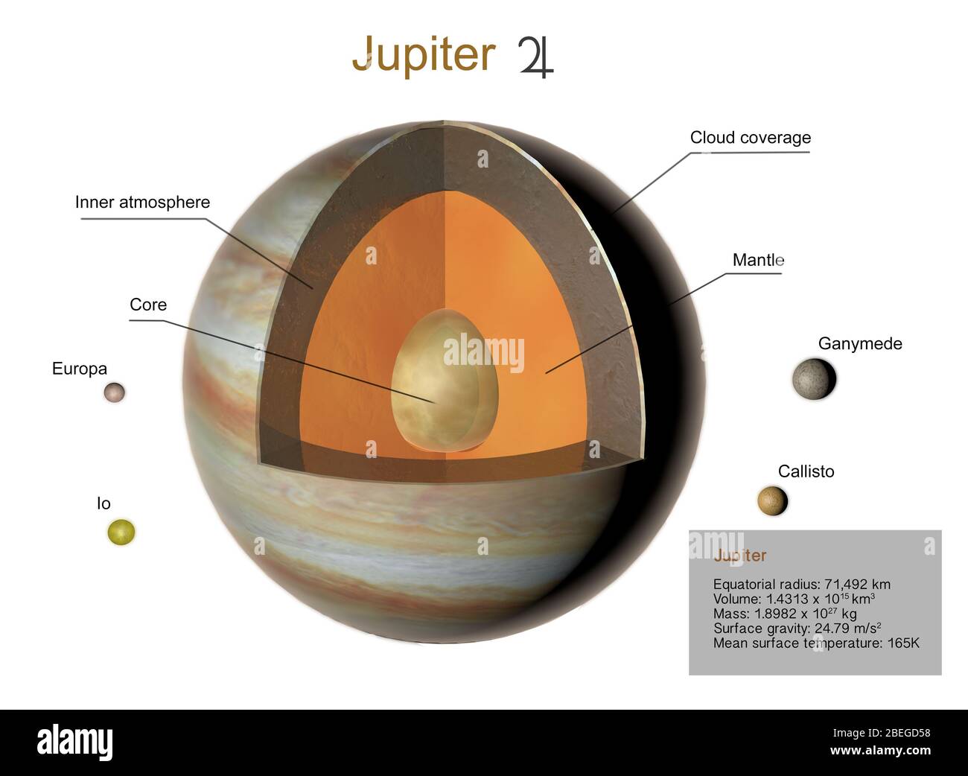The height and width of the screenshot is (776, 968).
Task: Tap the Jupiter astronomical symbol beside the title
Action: point(536,57)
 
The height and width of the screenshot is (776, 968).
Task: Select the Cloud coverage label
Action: point(750,138)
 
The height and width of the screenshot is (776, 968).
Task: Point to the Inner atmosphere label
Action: point(142,203)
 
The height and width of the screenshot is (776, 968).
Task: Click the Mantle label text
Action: point(758,260)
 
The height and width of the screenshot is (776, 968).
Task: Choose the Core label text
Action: point(148,305)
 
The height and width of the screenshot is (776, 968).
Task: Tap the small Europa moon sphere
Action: point(114,392)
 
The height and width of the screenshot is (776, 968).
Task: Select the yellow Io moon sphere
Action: point(121,532)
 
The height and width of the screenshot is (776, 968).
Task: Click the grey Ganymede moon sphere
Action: point(814,378)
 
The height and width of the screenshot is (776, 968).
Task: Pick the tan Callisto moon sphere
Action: point(772,500)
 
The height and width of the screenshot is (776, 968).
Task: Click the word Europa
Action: point(80,369)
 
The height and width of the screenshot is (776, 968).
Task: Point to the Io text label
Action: point(104,503)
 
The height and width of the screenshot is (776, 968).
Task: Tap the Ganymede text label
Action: point(860,344)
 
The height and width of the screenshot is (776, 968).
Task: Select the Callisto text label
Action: point(806,471)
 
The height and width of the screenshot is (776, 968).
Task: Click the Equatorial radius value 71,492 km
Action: point(857,585)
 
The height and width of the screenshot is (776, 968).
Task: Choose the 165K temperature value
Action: point(903,643)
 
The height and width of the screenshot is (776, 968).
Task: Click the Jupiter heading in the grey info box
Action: point(739,556)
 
